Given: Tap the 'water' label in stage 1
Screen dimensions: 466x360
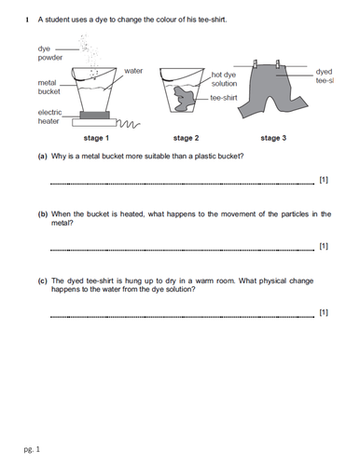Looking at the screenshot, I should click(x=132, y=71).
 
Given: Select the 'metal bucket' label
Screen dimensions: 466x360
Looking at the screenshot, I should click(x=39, y=89).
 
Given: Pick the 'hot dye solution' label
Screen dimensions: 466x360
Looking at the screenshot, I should click(x=225, y=79).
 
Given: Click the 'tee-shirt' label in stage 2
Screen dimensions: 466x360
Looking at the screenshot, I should click(x=224, y=98).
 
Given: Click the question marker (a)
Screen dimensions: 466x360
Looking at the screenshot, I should click(x=43, y=156).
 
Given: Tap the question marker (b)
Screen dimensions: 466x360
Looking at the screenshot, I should click(x=43, y=213).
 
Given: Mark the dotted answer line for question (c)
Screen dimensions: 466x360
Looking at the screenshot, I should click(x=182, y=316).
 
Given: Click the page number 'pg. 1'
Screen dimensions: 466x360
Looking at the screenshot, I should click(x=32, y=449).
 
